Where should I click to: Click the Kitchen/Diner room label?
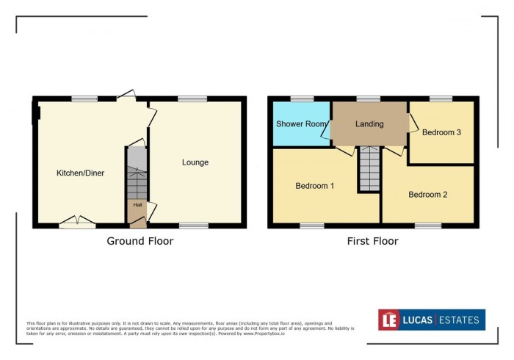pyautogui.click(x=80, y=173)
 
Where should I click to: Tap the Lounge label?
pyautogui.click(x=195, y=162)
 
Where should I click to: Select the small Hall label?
pyautogui.click(x=137, y=205)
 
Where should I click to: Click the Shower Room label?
pyautogui.click(x=301, y=124)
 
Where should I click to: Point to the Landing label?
pyautogui.click(x=369, y=124)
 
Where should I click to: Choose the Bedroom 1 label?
pyautogui.click(x=315, y=186)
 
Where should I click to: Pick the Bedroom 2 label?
pyautogui.click(x=427, y=195)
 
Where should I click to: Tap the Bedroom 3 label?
pyautogui.click(x=441, y=133)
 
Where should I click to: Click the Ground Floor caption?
pyautogui.click(x=140, y=241)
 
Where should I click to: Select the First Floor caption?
pyautogui.click(x=373, y=241)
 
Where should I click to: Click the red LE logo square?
pyautogui.click(x=389, y=320)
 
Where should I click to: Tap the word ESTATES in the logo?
pyautogui.click(x=460, y=320)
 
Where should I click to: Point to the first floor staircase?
pyautogui.click(x=369, y=169)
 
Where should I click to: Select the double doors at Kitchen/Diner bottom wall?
pyautogui.click(x=77, y=220)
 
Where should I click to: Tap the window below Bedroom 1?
pyautogui.click(x=312, y=226)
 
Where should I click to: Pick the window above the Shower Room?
pyautogui.click(x=301, y=98)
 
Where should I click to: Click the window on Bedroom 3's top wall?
pyautogui.click(x=441, y=98)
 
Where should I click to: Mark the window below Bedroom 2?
pyautogui.click(x=427, y=226)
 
